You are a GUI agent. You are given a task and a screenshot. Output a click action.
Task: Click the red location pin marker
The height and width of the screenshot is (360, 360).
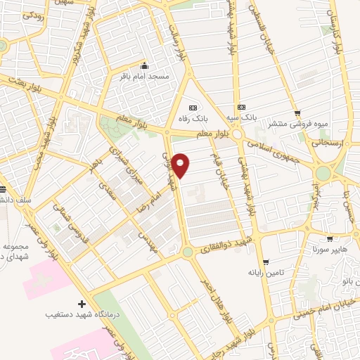click(181, 165)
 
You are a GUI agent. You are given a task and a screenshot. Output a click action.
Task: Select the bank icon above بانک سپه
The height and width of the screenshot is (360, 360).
click(242, 107)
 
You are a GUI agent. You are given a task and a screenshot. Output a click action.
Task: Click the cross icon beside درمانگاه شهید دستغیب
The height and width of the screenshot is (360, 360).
click(82, 304)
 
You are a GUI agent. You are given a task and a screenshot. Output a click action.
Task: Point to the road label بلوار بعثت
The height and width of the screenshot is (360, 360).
click(28, 84)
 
